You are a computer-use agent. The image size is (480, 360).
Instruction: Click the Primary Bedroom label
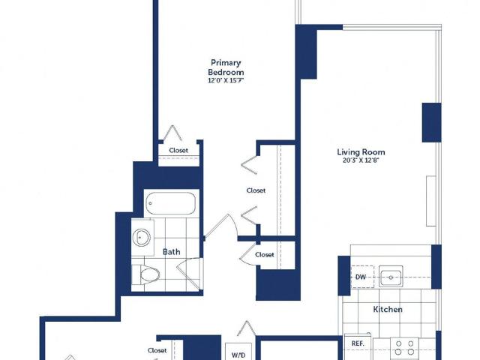click(x=226, y=67)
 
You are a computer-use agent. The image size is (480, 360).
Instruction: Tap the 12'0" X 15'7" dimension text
click(x=226, y=81)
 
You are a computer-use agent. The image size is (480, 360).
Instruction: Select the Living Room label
click(x=361, y=151)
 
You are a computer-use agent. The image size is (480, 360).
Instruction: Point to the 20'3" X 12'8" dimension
click(x=361, y=160)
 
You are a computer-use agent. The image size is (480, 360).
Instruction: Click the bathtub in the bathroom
click(x=170, y=203)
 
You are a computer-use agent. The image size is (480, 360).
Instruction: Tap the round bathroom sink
click(x=142, y=238)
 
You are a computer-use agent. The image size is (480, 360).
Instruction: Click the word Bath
click(x=172, y=252)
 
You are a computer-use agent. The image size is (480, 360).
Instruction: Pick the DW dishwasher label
click(x=361, y=277)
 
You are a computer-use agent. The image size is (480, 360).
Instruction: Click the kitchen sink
click(x=391, y=277)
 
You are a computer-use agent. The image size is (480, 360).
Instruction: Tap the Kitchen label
click(x=388, y=309)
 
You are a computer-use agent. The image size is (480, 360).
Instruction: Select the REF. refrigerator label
click(x=358, y=343)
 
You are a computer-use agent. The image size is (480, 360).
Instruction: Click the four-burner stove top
click(x=405, y=348)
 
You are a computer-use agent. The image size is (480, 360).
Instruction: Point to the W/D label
click(x=238, y=355)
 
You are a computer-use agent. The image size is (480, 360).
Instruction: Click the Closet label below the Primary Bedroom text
click(x=178, y=150)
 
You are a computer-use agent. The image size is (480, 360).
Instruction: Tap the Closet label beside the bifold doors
click(x=256, y=190)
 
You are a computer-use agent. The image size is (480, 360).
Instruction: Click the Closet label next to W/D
click(x=157, y=350)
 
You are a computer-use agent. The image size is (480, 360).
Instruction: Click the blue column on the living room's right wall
click(x=432, y=122)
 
